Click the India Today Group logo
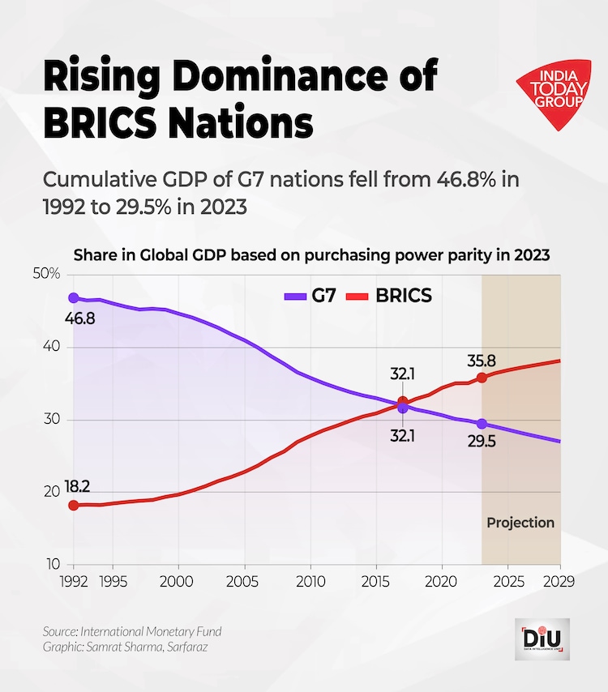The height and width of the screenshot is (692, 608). tap(553, 91)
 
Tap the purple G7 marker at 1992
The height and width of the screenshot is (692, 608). tap(74, 298)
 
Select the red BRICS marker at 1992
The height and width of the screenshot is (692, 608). tap(74, 505)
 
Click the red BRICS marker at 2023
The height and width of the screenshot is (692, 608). tap(482, 378)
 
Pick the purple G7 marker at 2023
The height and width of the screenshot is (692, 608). tap(482, 424)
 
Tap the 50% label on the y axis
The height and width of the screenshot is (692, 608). tap(47, 274)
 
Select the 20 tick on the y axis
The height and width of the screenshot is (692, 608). tap(52, 492)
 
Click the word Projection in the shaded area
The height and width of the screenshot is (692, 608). tap(520, 523)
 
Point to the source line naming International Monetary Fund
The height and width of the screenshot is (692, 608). tap(132, 631)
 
